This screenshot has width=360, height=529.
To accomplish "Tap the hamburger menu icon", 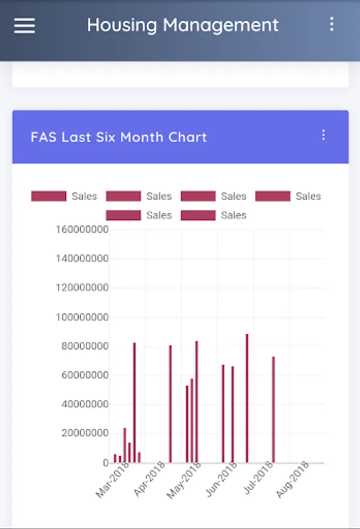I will (25, 25).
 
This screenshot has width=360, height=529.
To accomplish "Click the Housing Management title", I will (183, 25).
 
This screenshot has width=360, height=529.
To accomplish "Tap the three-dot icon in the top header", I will (332, 24).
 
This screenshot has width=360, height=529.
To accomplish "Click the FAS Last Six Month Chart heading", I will (119, 137).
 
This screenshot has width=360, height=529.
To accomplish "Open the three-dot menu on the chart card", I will (323, 135).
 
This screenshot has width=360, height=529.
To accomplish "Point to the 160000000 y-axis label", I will (82, 229).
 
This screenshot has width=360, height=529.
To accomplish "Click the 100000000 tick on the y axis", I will (82, 317).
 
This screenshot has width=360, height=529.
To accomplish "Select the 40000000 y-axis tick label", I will (85, 404).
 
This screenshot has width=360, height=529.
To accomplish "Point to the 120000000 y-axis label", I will (82, 287).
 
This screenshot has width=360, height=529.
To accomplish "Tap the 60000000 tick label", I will (85, 375).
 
